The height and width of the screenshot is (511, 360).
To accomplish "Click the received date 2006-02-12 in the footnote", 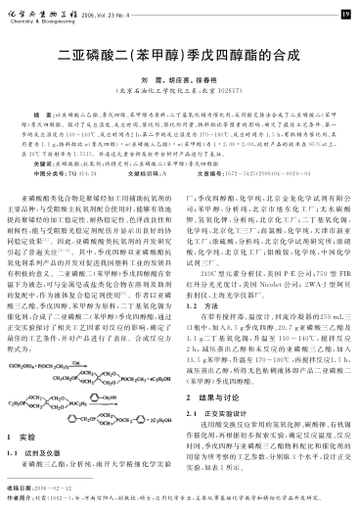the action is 51,488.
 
